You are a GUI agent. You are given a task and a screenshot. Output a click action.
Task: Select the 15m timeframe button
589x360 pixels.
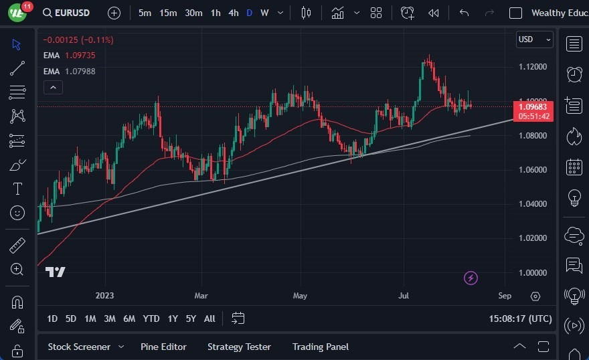168,13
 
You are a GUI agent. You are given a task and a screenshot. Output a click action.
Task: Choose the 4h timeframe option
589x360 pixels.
233,13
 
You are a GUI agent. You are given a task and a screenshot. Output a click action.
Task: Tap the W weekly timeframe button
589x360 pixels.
264,13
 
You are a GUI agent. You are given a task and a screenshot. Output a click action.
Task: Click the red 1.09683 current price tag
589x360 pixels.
533,106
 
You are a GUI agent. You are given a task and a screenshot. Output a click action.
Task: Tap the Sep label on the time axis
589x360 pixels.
505,296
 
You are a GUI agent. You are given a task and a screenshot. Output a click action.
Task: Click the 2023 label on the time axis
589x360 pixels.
105,296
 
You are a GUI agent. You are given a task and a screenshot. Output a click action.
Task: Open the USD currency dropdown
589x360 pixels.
534,39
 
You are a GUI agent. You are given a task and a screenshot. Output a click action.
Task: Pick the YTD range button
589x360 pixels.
151,319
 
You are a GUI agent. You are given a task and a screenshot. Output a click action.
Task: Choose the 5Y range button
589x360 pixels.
191,319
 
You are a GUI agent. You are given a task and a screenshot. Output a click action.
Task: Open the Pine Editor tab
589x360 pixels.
163,347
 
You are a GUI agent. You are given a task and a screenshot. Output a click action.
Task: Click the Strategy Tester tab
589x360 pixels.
239,347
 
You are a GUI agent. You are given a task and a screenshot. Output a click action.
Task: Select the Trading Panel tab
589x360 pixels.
320,347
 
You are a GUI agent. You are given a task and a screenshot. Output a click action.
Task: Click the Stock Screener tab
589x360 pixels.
79,347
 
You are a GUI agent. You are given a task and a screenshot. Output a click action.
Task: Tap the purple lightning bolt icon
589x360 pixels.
471,278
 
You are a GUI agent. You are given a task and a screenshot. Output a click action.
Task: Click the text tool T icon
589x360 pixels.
17,189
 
